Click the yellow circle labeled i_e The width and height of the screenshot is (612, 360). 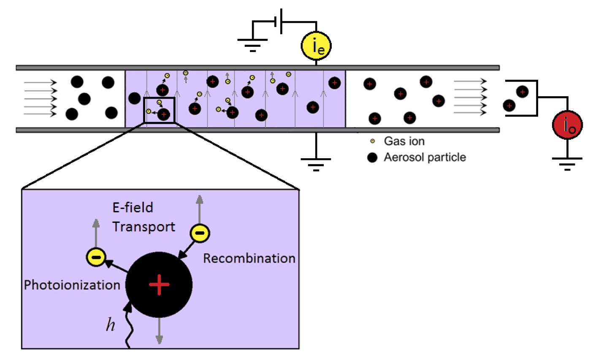316,46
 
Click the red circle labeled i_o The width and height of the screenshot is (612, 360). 567,125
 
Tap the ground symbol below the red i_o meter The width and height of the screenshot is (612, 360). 567,162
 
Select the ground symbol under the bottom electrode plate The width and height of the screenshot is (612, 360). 316,163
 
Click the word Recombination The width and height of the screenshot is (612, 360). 249,258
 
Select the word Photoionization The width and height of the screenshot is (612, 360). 72,285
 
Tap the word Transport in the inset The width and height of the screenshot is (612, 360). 144,227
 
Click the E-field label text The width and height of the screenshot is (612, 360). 133,208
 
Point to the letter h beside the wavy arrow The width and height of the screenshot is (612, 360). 110,325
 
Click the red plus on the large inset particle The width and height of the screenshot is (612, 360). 159,284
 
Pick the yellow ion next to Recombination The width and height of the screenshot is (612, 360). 200,233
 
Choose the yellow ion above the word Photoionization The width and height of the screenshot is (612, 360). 96,257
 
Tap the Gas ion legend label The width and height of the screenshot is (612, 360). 404,141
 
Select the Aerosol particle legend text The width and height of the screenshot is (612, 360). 425,157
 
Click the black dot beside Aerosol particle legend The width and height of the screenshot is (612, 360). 372,158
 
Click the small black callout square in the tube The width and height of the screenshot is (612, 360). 159,110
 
